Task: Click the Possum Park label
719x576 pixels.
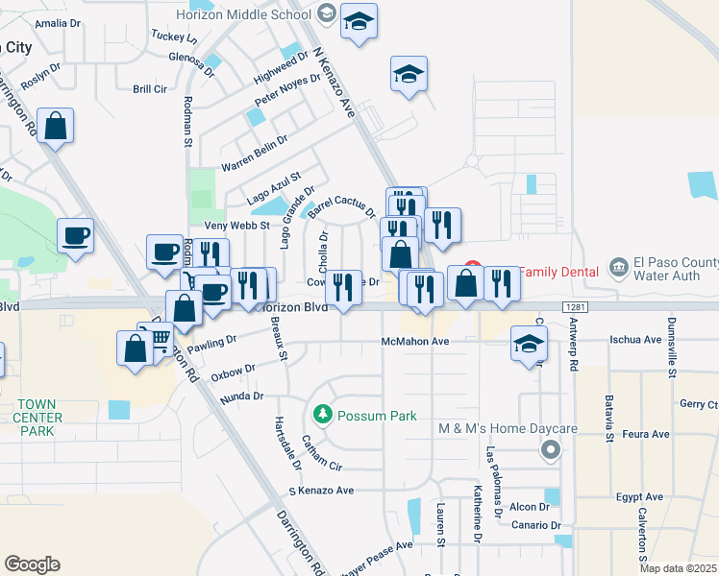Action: (x=376, y=416)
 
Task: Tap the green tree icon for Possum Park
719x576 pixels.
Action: (x=323, y=415)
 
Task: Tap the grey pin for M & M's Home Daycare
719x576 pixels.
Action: (x=550, y=448)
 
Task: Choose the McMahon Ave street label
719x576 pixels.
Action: (x=415, y=342)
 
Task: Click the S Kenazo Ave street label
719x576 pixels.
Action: (x=321, y=491)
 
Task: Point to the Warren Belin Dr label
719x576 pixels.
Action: (x=255, y=155)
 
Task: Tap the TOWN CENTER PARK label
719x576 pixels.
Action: (x=38, y=418)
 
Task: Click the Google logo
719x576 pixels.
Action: (x=32, y=564)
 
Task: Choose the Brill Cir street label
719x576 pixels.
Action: (x=151, y=88)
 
